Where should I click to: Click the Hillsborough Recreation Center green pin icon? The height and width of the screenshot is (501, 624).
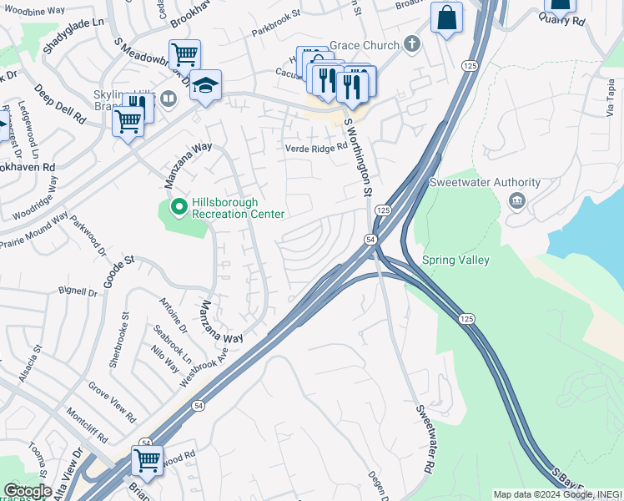[178, 207]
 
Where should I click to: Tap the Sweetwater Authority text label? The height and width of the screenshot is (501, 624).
[485, 183]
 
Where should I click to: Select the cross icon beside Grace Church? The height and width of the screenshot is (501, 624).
[411, 43]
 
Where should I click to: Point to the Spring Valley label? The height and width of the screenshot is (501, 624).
[456, 261]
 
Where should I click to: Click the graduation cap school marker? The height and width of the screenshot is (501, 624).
[204, 85]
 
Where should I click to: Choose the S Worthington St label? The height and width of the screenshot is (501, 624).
[358, 158]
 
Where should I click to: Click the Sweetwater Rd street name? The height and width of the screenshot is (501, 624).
[425, 439]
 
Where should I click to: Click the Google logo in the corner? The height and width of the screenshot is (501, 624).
[28, 491]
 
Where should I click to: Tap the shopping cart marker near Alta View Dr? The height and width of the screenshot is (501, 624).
[147, 459]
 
